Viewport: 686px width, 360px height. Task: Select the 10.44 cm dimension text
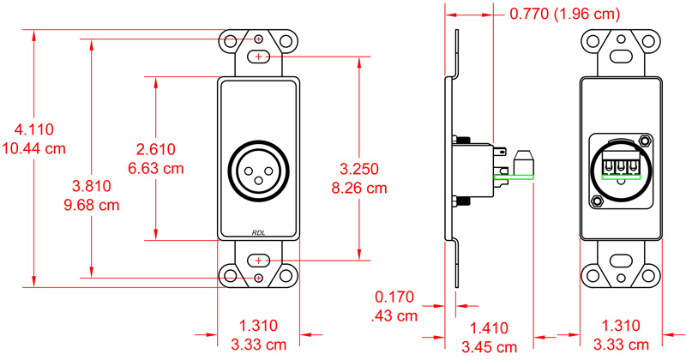(x=34, y=147)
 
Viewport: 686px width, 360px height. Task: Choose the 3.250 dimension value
(x=359, y=168)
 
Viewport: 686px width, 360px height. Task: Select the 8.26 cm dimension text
(x=359, y=186)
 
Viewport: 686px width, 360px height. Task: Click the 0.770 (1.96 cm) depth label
(x=567, y=14)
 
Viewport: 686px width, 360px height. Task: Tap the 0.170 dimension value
(x=394, y=297)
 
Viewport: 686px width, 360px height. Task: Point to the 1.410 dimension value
(x=492, y=327)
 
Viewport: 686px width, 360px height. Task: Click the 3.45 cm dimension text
(x=492, y=345)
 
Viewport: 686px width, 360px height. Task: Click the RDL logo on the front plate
(x=259, y=231)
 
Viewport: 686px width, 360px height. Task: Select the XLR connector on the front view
(x=259, y=167)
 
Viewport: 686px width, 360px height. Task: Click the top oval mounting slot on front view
(x=259, y=57)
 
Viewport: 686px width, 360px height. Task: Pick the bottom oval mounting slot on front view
(x=259, y=260)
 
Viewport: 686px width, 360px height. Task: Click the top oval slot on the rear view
(x=622, y=57)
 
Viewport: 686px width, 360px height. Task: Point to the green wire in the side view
(x=514, y=177)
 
